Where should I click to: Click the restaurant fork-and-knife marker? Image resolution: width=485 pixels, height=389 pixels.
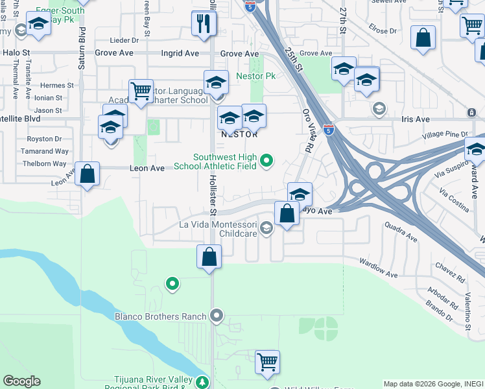pos(204,25)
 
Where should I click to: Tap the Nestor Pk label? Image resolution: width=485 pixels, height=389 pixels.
pos(256,76)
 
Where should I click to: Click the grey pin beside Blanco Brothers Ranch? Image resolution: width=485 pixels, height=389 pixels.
pos(217,316)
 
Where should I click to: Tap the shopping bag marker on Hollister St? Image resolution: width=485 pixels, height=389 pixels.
pos(209,257)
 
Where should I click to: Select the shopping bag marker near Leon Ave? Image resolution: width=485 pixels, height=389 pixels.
pos(87,175)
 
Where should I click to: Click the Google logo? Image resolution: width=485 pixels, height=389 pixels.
pos(21,381)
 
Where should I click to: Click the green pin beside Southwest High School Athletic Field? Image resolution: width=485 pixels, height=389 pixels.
pos(266,160)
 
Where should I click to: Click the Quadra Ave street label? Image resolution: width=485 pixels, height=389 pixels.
pos(401,232)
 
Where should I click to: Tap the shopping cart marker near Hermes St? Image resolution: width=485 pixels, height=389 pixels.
pos(140,91)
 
